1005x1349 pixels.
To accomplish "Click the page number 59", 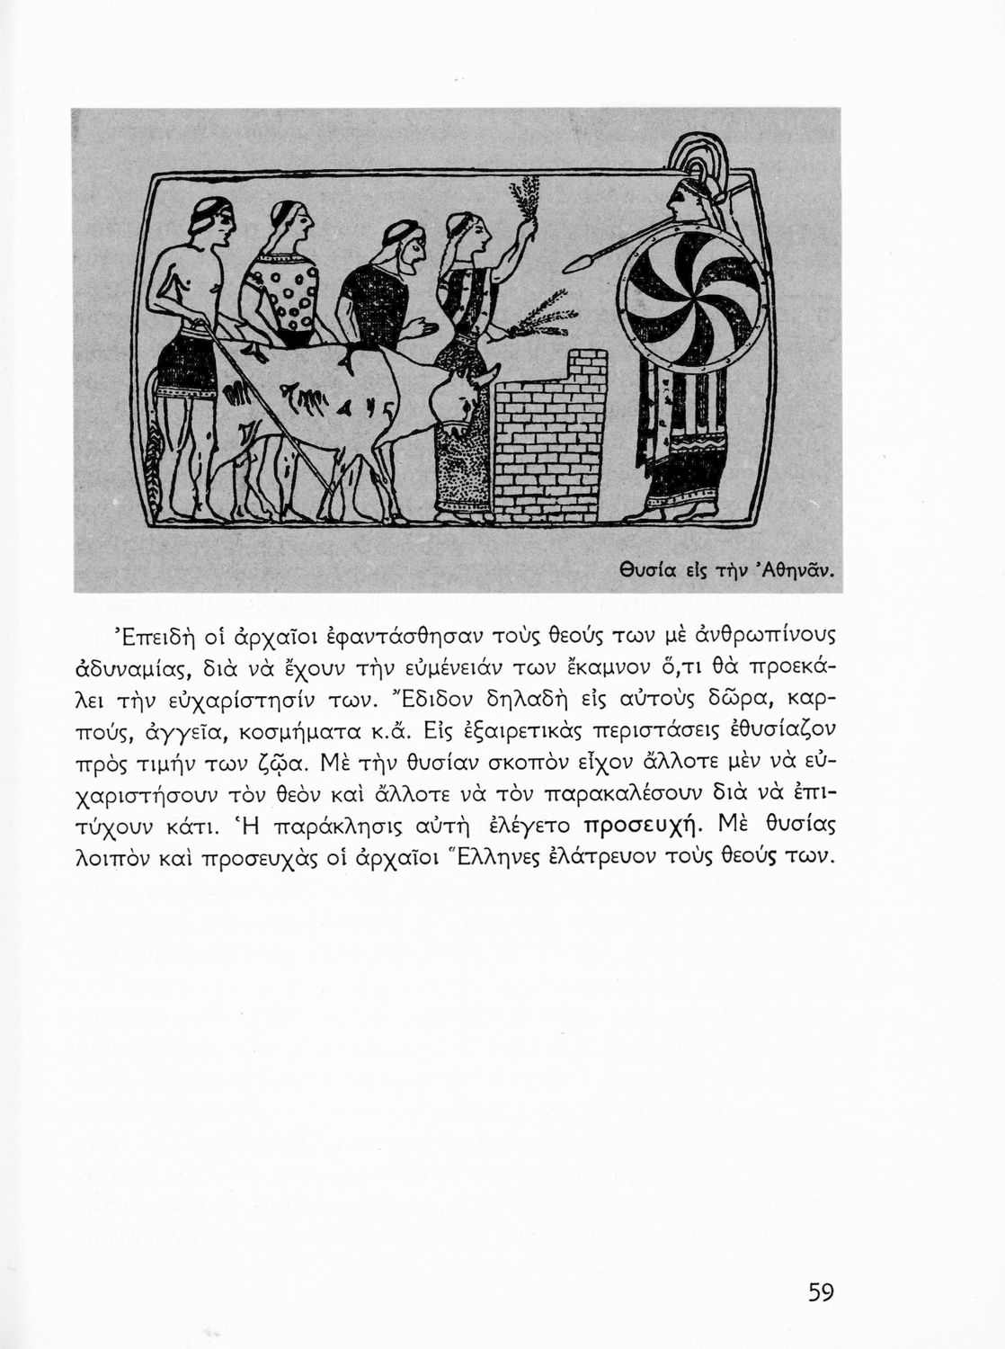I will (x=821, y=1292).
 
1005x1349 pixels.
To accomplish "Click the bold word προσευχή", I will (x=640, y=826).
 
